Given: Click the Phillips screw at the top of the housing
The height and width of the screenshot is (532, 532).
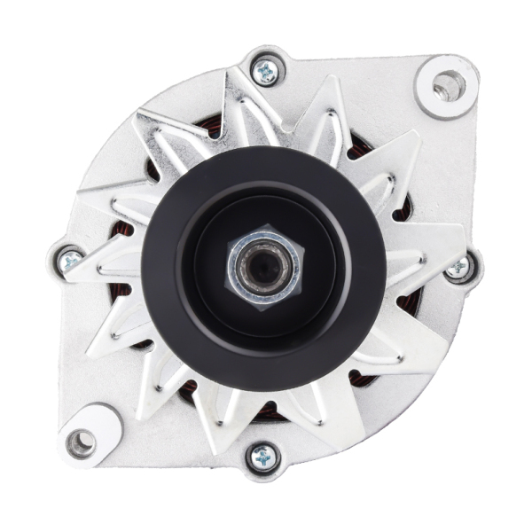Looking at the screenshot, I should (x=264, y=71).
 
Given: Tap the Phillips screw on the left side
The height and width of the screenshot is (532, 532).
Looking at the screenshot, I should (x=70, y=260).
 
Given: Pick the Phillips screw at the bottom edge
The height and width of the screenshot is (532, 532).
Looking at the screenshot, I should (x=263, y=458).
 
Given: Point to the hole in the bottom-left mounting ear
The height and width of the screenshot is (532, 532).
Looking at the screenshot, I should (x=81, y=440).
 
